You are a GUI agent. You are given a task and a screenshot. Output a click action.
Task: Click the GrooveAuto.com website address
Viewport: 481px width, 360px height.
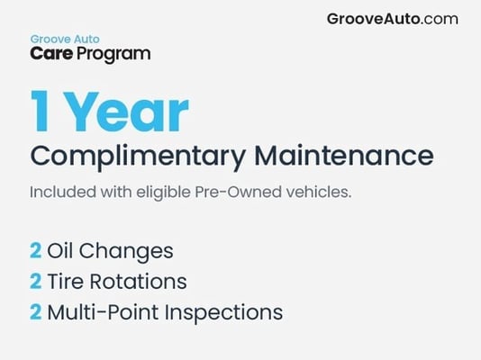coord(393,19)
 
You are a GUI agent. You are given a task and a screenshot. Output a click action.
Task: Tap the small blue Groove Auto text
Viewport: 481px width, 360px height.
coord(65,40)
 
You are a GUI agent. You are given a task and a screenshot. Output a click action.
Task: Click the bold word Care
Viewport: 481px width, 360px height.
coord(51,53)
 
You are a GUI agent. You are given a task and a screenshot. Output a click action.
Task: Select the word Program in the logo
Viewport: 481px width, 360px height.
coord(113,55)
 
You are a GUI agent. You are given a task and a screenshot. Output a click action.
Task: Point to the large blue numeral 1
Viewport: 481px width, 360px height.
coord(40,111)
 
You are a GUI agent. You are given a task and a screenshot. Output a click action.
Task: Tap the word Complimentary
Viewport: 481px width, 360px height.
coord(138,157)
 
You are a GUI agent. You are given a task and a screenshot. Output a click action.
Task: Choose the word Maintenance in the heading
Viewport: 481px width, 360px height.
coord(344,156)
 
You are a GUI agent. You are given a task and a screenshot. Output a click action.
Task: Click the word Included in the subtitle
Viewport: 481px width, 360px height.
coord(63,192)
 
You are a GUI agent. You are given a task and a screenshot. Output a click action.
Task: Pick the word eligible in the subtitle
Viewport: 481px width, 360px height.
coord(164,193)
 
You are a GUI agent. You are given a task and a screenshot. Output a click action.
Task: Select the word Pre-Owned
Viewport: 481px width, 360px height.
coord(239,192)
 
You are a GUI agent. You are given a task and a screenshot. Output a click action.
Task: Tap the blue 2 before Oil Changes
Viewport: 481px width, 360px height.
coord(36,250)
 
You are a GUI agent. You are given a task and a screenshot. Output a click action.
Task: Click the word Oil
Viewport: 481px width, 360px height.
coord(59,250)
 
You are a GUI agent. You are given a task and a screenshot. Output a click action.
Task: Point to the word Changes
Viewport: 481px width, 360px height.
coord(126,252)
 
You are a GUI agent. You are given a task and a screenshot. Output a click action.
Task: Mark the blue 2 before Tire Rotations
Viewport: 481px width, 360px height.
coord(36,282)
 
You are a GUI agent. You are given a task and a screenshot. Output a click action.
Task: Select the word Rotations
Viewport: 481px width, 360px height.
coord(138,282)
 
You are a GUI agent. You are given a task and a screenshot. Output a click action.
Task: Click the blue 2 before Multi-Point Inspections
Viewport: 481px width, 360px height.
coord(36,312)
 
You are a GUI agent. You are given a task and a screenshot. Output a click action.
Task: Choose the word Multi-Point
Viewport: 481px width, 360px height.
coord(104,312)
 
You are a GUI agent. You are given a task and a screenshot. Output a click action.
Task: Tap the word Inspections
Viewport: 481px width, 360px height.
coord(223,313)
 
